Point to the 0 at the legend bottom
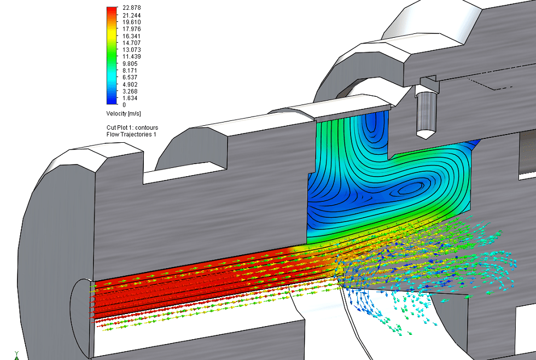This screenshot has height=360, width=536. pyautogui.click(x=124, y=105)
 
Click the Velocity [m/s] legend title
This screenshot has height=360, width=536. pyautogui.click(x=124, y=113)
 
